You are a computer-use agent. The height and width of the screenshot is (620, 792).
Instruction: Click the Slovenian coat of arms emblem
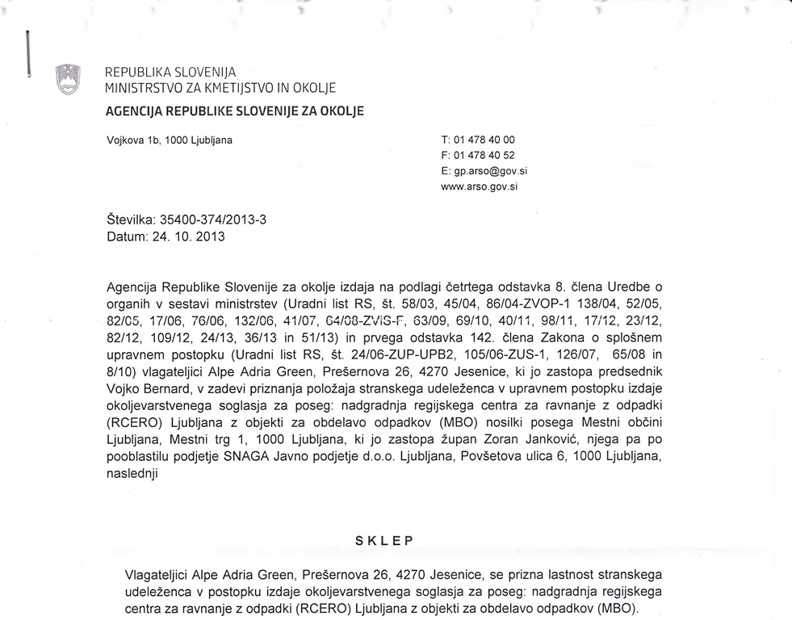(66, 79)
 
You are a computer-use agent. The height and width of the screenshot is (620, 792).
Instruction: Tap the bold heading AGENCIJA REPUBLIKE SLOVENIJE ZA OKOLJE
(235, 110)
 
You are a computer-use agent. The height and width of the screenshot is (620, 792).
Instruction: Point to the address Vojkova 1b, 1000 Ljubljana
(170, 140)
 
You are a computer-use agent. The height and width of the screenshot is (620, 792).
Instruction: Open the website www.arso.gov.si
(479, 186)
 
